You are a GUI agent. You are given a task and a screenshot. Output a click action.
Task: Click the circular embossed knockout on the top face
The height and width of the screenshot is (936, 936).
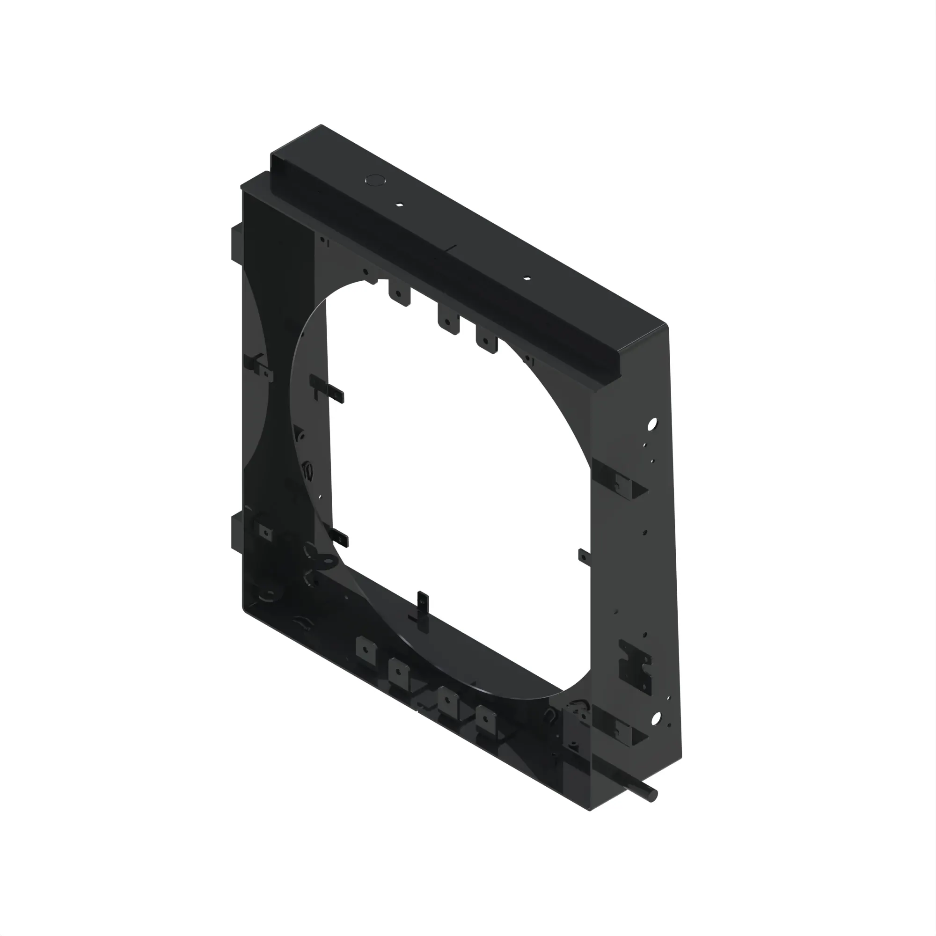coord(375,180)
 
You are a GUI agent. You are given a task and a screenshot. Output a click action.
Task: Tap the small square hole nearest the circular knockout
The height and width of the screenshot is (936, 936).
coord(399,205)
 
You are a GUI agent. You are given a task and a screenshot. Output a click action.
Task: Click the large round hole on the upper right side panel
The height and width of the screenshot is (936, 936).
coord(652,424)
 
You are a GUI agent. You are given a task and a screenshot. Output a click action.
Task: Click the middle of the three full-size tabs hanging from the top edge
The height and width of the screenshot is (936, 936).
coord(448,319)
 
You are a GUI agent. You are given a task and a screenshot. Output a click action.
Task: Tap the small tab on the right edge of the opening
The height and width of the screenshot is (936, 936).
coord(584,556)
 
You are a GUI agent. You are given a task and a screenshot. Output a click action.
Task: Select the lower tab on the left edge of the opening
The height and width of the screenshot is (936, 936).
coord(339,538)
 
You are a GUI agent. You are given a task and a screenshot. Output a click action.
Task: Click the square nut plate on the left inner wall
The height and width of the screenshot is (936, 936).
coord(264,532)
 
